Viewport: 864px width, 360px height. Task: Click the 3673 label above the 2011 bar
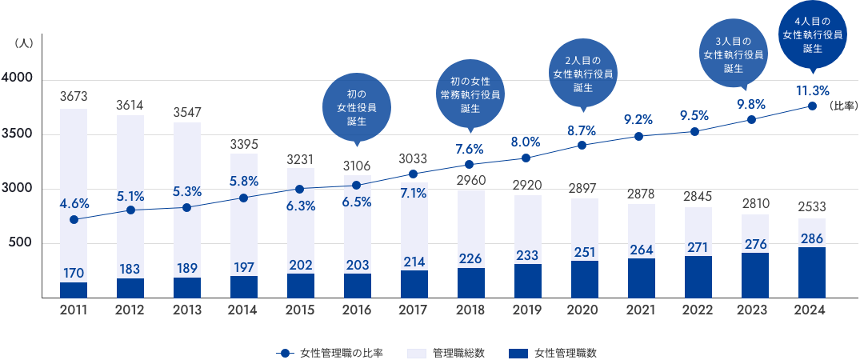[x=74, y=97]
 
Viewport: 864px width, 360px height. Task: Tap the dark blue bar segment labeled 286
[x=812, y=272]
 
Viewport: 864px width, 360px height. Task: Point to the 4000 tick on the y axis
[x=16, y=79]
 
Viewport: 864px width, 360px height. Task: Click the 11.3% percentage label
[x=812, y=90]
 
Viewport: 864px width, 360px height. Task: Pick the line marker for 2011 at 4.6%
[x=74, y=219]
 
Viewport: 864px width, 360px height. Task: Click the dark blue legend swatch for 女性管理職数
[x=517, y=352]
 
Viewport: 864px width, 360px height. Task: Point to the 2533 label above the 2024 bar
[x=812, y=206]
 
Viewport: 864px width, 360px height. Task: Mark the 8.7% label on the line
[x=582, y=129]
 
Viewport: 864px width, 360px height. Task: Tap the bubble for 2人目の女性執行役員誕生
[x=582, y=74]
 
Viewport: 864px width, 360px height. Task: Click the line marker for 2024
[x=812, y=106]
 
